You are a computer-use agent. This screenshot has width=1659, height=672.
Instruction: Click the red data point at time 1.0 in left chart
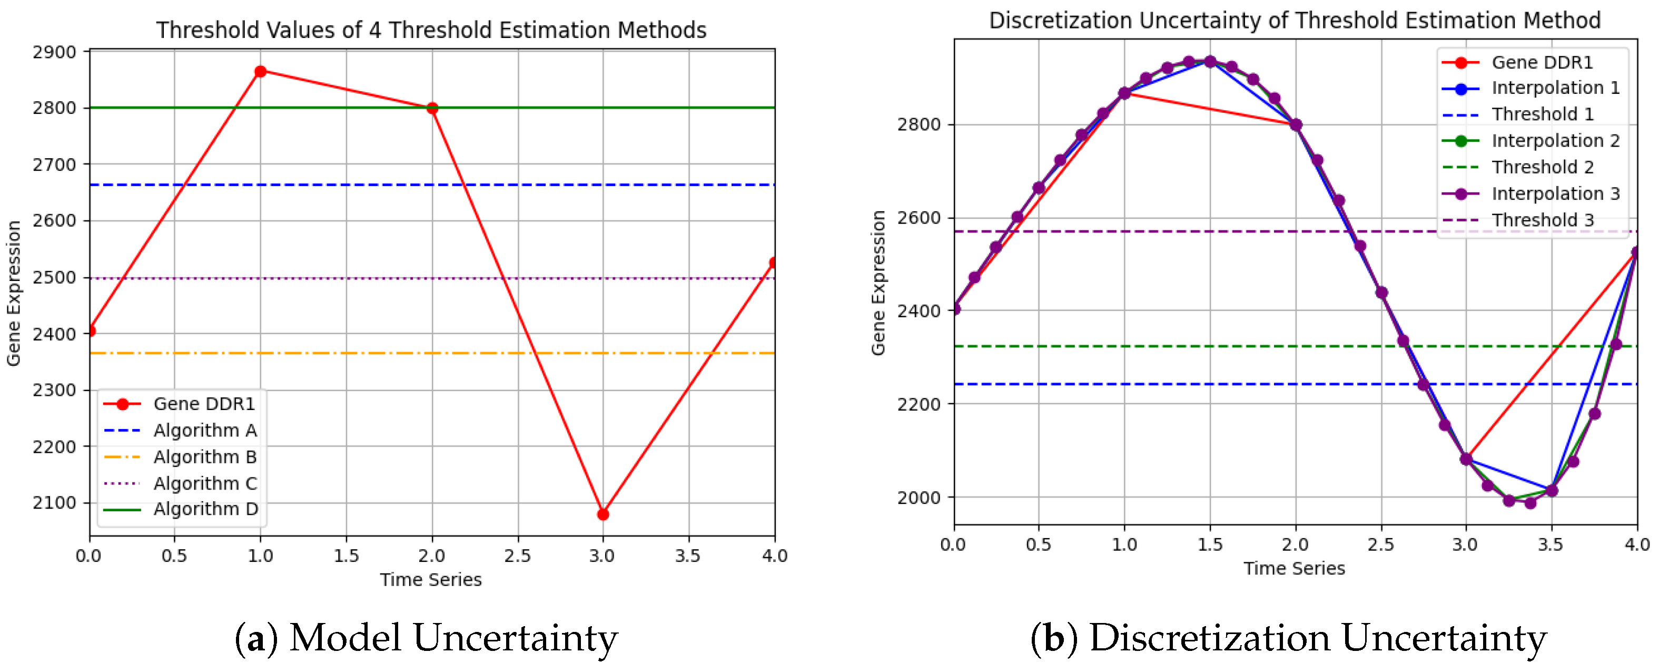tap(260, 72)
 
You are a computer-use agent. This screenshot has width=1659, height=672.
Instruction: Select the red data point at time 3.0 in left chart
tap(603, 514)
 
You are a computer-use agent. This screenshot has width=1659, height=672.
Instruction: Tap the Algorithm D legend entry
tap(205, 509)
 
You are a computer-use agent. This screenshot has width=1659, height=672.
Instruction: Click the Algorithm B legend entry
tap(205, 457)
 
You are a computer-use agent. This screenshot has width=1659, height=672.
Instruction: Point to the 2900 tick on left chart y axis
tap(54, 52)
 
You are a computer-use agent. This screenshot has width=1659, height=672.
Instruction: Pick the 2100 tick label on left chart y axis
tap(54, 502)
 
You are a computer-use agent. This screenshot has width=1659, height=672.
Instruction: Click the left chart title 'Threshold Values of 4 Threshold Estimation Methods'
tap(431, 30)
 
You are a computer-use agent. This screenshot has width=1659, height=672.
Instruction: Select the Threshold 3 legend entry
tap(1543, 220)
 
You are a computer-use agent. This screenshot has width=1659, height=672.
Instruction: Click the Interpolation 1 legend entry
tap(1555, 87)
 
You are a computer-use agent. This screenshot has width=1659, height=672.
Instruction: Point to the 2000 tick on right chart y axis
tap(919, 498)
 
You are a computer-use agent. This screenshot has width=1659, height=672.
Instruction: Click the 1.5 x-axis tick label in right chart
tap(1209, 544)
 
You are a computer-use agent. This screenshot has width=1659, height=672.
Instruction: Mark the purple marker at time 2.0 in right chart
tap(1296, 125)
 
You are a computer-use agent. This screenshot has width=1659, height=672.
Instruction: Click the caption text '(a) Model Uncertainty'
tap(426, 638)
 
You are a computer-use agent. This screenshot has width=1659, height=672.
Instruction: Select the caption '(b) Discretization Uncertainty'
tap(1288, 638)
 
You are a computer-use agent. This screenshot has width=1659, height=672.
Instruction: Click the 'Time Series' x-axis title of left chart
tap(430, 579)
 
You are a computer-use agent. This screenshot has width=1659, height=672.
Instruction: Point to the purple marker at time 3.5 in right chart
tap(1552, 490)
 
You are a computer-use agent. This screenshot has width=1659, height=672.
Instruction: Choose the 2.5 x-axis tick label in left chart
tap(517, 556)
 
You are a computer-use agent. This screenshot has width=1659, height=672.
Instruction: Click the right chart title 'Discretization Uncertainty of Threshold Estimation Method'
tap(1295, 20)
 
